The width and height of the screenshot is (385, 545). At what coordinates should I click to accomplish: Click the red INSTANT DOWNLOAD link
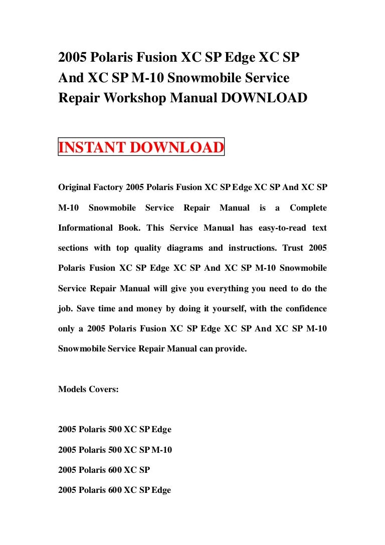141,148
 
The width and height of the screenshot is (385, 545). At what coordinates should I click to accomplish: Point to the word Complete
308,208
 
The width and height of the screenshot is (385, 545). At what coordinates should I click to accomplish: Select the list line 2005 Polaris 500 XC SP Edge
115,430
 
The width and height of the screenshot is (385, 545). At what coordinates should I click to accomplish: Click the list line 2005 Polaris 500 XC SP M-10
115,450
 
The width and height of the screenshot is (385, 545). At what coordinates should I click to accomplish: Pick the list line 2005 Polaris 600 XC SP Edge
115,490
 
